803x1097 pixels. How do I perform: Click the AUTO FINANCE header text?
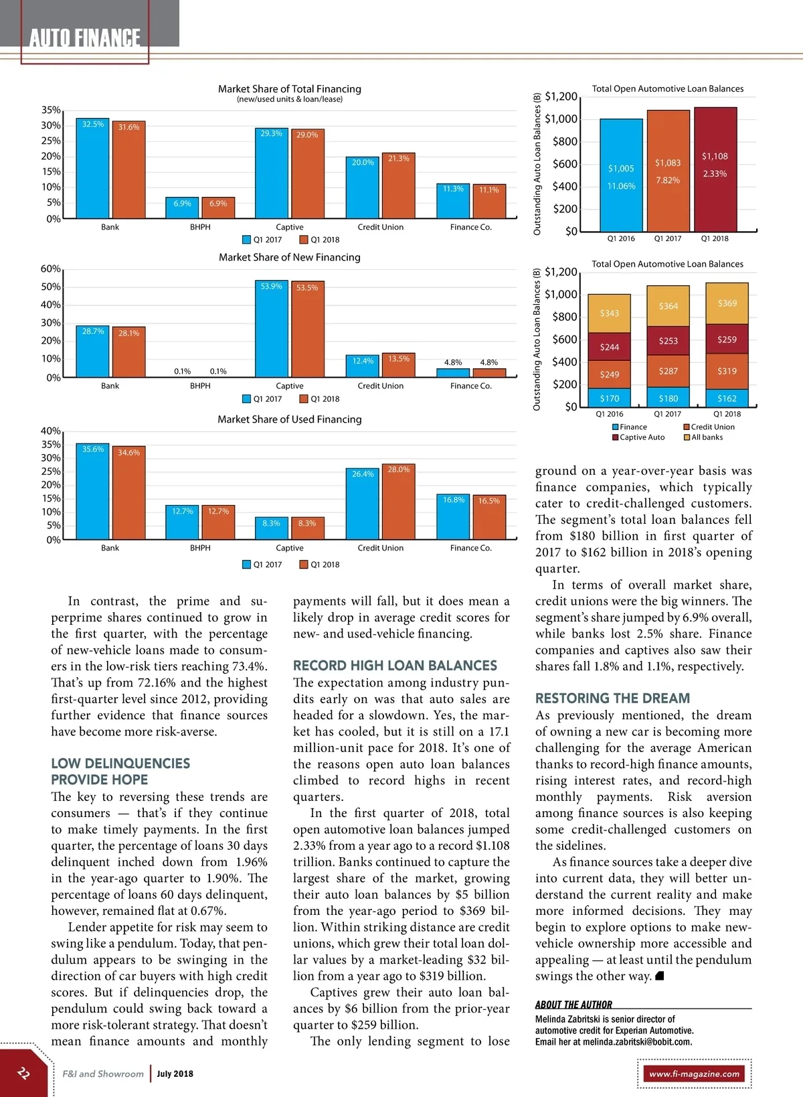coord(85,38)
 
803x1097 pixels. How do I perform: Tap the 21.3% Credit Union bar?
coord(399,185)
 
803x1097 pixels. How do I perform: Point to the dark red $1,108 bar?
coord(715,169)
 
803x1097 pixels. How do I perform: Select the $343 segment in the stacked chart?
coord(609,313)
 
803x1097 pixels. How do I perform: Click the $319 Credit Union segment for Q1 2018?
coord(727,371)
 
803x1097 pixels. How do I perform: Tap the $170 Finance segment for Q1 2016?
coord(609,398)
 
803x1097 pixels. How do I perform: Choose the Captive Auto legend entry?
coord(642,437)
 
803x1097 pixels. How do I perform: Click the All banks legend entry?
coord(706,437)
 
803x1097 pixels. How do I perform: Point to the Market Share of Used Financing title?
coord(289,419)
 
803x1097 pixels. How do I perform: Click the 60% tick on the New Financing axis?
coord(51,269)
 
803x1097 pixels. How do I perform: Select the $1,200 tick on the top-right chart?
coord(561,96)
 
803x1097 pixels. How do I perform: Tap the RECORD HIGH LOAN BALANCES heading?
coord(395,666)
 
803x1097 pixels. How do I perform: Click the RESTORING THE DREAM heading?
coord(612,698)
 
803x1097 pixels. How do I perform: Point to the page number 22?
coord(23,1073)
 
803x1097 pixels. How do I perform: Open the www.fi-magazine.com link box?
coord(694,1074)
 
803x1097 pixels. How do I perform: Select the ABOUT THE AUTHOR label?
coord(573,1005)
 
